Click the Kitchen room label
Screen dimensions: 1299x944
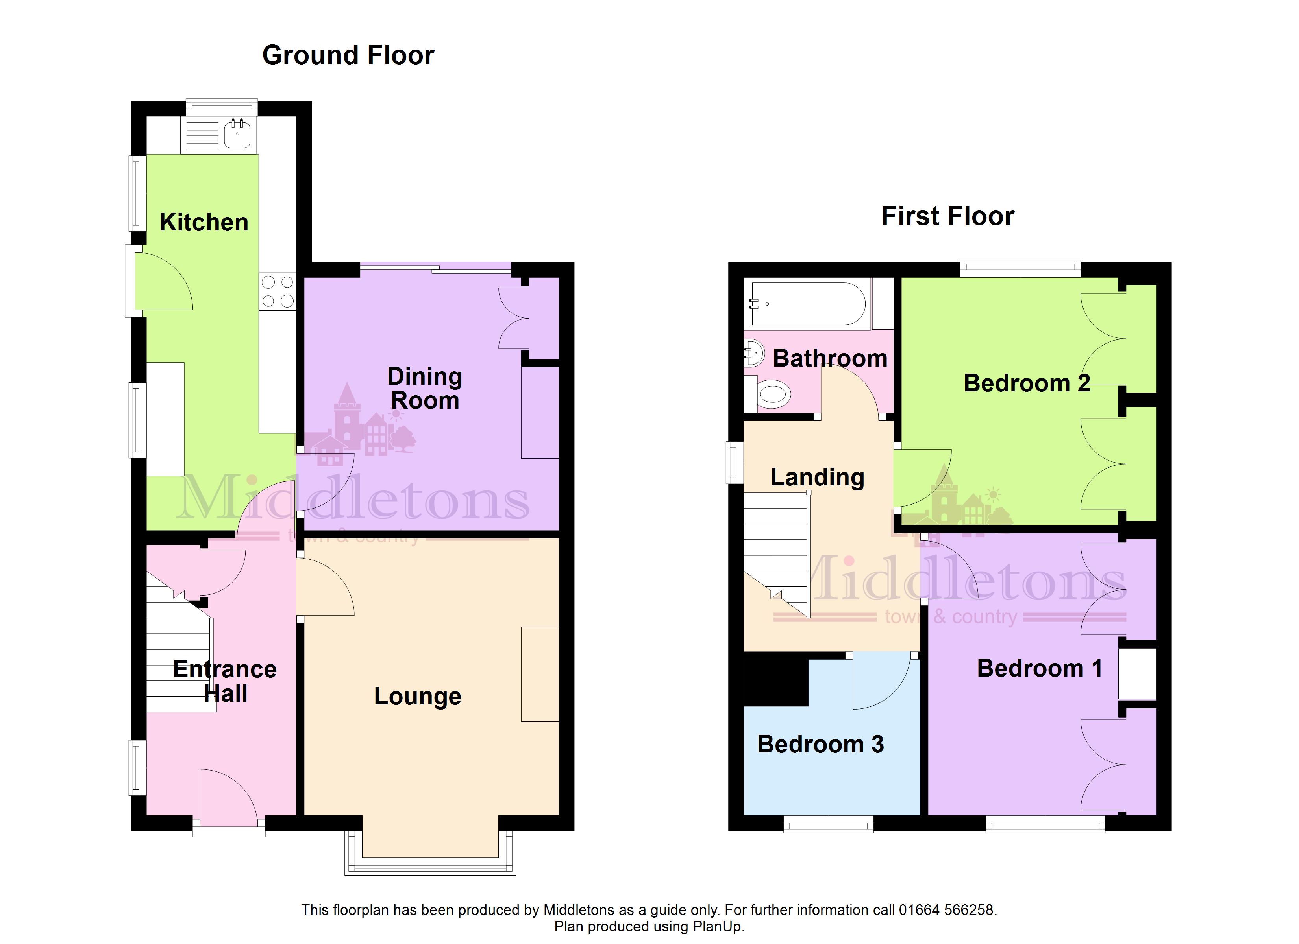coord(204,222)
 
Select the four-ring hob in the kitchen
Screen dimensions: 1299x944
coord(277,291)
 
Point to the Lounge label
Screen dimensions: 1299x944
coord(418,697)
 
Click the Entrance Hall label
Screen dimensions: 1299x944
coord(225,681)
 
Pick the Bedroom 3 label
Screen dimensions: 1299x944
coord(820,744)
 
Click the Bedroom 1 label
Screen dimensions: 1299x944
coord(1040,668)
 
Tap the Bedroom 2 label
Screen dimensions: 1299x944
coord(1026,383)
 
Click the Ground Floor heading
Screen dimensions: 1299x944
coord(348,55)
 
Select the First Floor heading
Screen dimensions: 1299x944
coord(948,216)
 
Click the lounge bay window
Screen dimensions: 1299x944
coord(430,853)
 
